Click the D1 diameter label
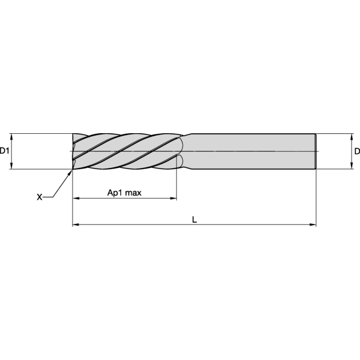click(5, 151)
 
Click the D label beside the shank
click(356, 151)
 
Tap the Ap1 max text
click(124, 193)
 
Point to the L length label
click(194, 220)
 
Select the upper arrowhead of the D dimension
click(351, 136)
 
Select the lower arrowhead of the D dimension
click(351, 167)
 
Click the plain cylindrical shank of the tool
click(252, 151)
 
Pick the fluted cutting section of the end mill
click(126, 151)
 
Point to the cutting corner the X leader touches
click(73, 169)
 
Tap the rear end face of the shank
click(316, 151)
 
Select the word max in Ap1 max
click(133, 193)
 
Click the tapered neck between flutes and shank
click(186, 151)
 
